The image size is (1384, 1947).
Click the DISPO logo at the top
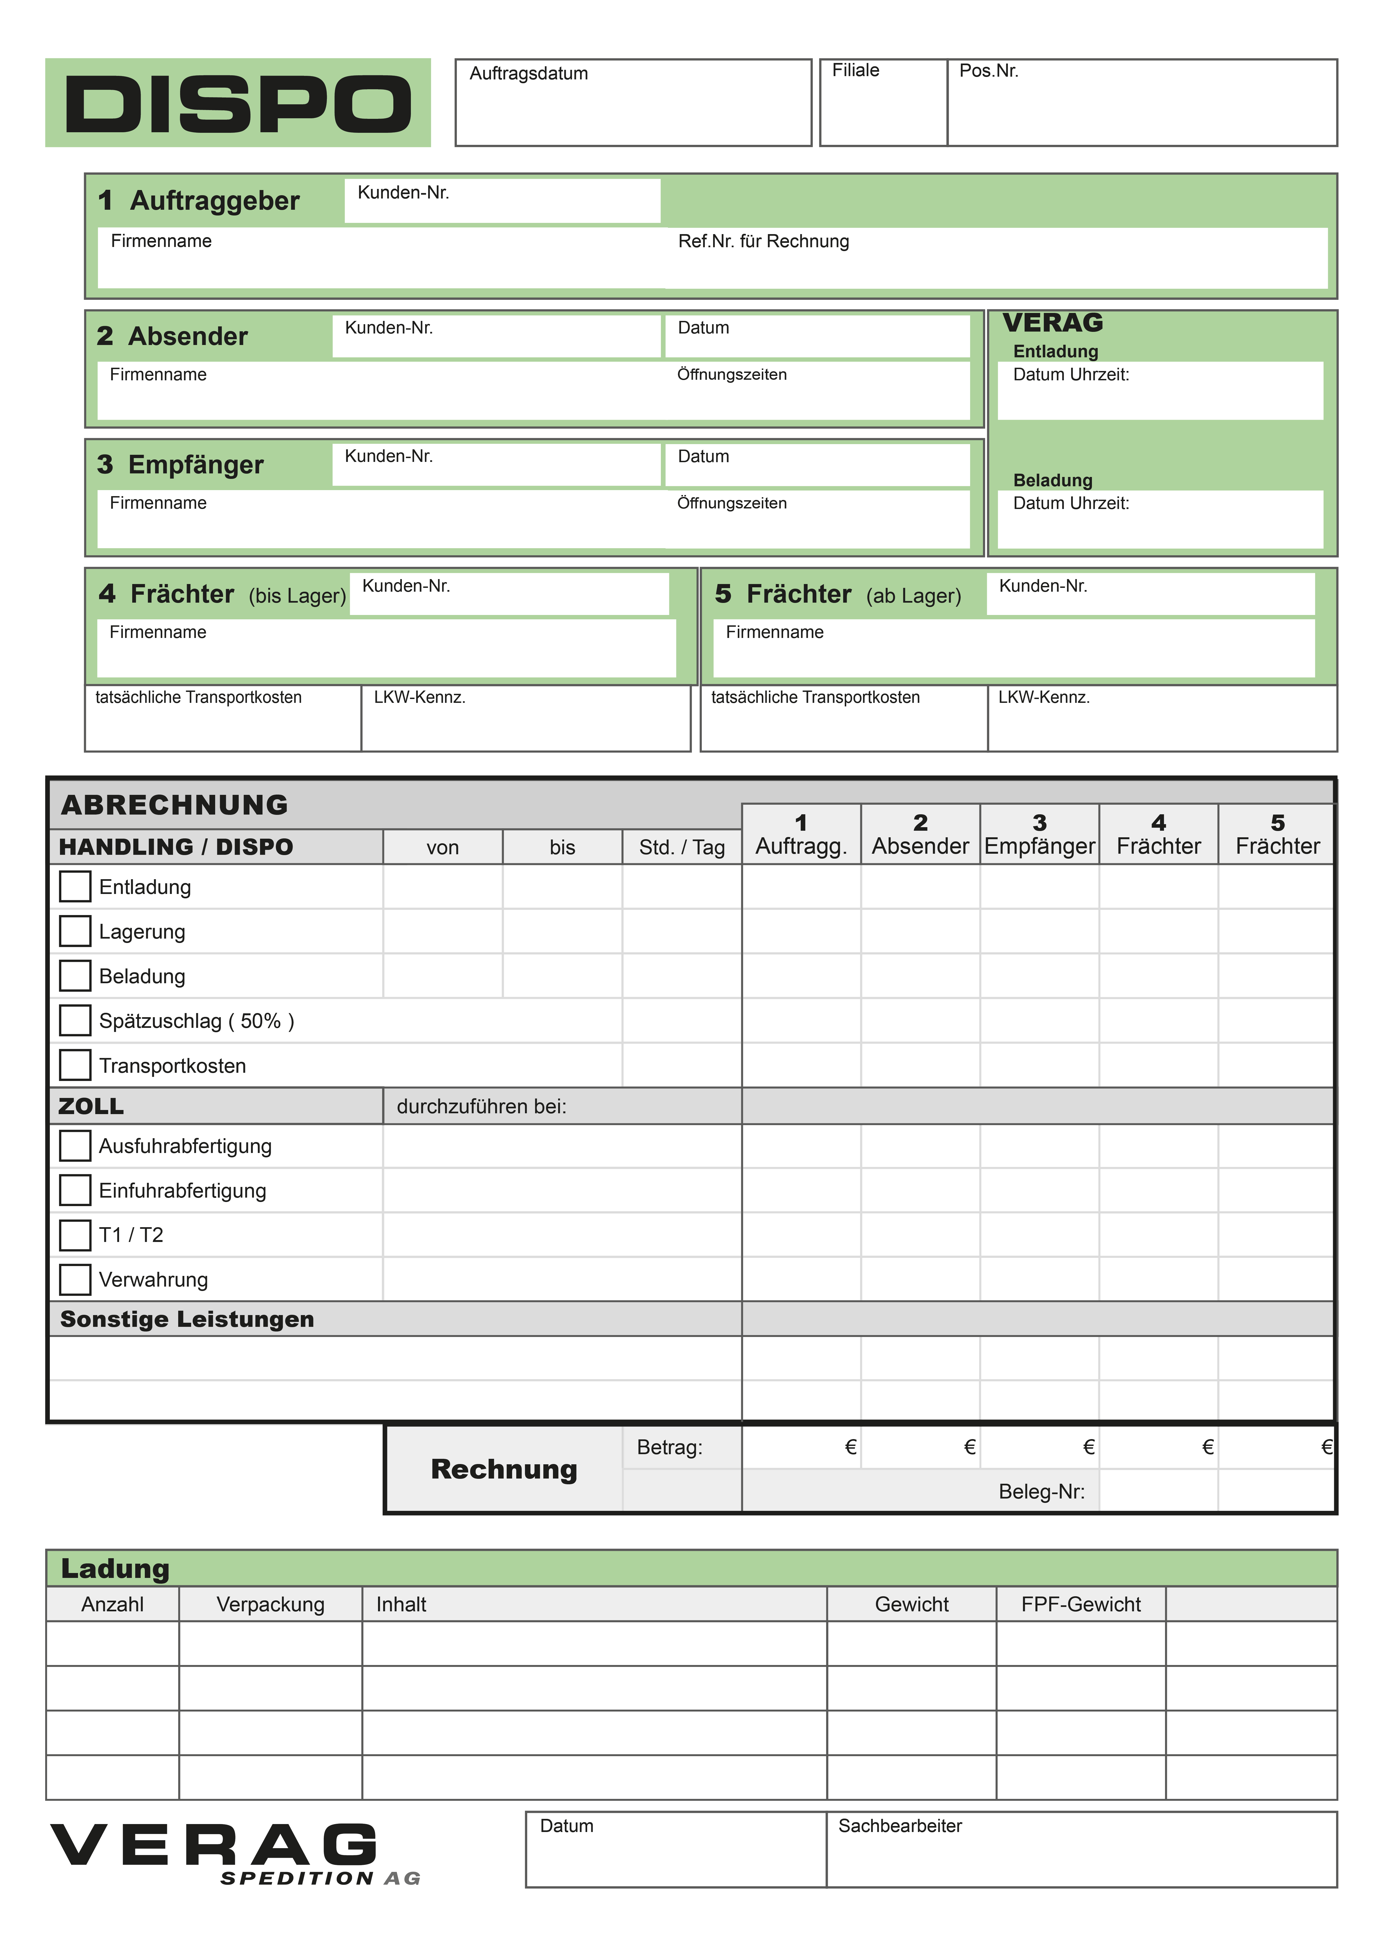[238, 103]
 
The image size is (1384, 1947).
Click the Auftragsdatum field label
[528, 73]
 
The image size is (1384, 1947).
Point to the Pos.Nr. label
[988, 71]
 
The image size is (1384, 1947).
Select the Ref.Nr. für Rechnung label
[764, 241]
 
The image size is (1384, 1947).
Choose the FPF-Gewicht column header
[1081, 1604]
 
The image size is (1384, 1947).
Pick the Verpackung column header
[270, 1604]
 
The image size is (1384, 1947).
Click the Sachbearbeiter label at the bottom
[900, 1826]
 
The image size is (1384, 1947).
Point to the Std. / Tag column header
[682, 847]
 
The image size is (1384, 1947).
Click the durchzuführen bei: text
[481, 1106]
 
